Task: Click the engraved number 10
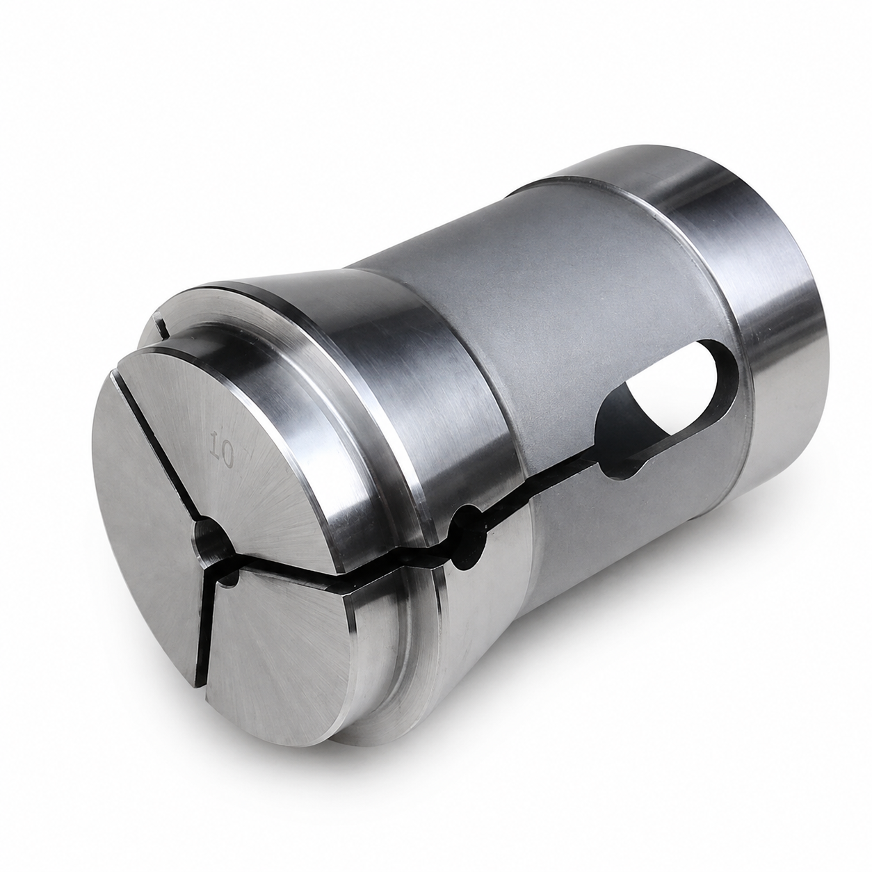pos(223,451)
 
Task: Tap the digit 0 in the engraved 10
pos(226,458)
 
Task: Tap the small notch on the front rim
pos(161,325)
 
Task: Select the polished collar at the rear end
pos(760,317)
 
